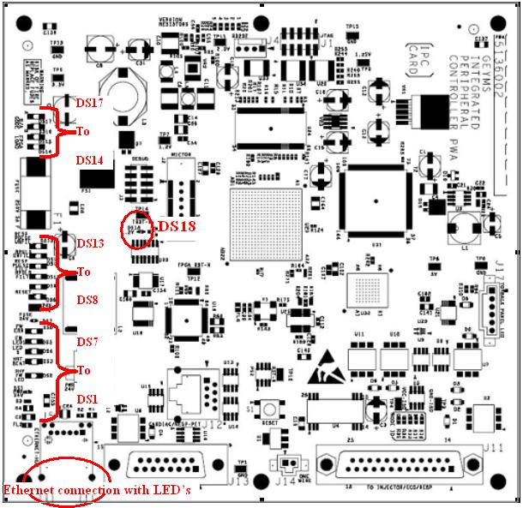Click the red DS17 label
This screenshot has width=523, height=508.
pos(90,101)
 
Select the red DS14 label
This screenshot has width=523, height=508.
pos(89,160)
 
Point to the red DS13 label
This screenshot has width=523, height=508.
pos(90,243)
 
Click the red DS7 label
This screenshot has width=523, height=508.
pos(89,342)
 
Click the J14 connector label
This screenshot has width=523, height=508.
pos(284,481)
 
